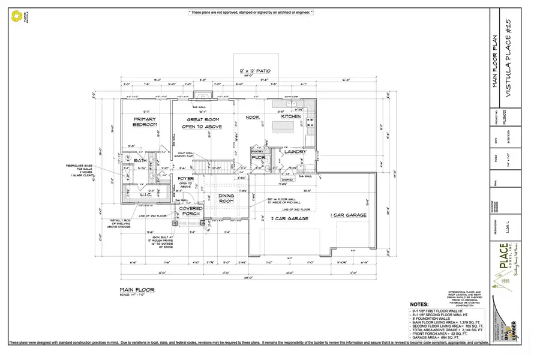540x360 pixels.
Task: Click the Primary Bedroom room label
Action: (x=145, y=122)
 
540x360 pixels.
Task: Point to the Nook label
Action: (x=253, y=118)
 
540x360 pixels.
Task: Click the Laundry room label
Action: (x=295, y=152)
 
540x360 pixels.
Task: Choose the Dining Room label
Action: (x=226, y=199)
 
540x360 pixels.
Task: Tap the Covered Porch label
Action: (x=191, y=211)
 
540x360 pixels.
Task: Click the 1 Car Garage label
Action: (x=348, y=215)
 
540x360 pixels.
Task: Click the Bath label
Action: (x=140, y=161)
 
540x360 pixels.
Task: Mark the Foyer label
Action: (x=185, y=179)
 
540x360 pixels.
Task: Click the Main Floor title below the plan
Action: (x=137, y=290)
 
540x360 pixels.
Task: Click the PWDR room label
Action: (x=259, y=157)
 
